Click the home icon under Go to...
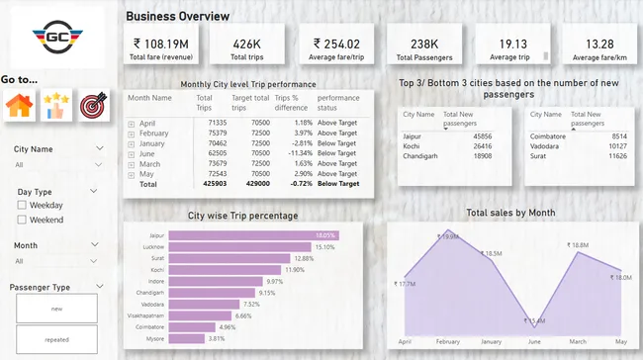pyautogui.click(x=19, y=105)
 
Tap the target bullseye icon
pyautogui.click(x=92, y=105)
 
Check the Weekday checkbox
pyautogui.click(x=23, y=205)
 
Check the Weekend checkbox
pyautogui.click(x=23, y=220)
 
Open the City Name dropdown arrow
pyautogui.click(x=99, y=149)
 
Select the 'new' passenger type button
pyautogui.click(x=56, y=307)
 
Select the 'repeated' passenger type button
pyautogui.click(x=56, y=339)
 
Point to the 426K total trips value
pyautogui.click(x=246, y=44)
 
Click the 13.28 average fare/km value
pyautogui.click(x=598, y=44)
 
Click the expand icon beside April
pyautogui.click(x=132, y=123)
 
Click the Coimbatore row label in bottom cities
pyautogui.click(x=545, y=135)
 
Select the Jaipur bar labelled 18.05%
pyautogui.click(x=253, y=235)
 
